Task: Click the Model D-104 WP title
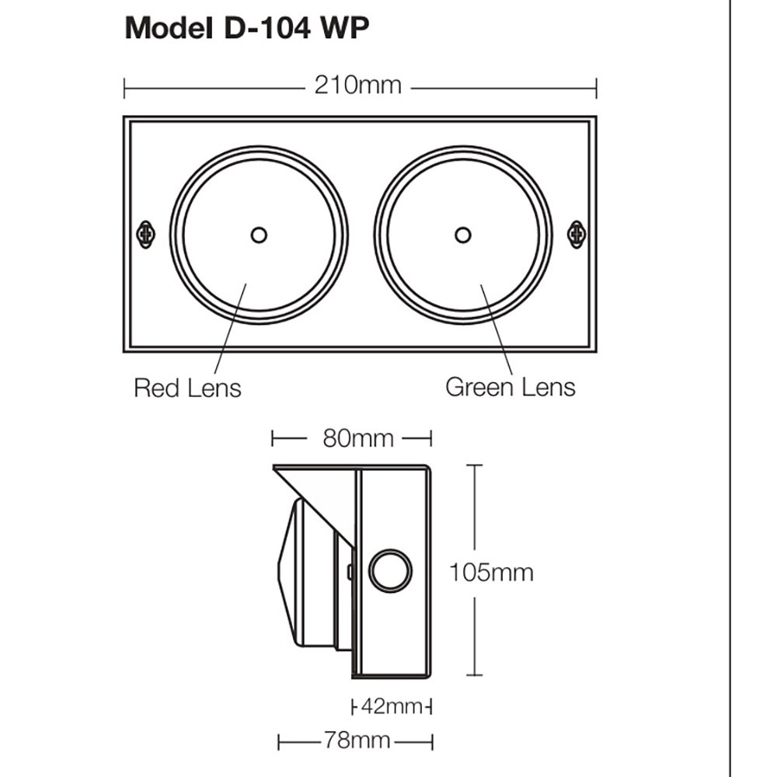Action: click(x=247, y=29)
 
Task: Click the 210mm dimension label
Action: click(x=357, y=85)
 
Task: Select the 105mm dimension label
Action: click(x=491, y=573)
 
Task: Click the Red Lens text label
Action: click(x=187, y=387)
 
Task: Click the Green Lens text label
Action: click(x=510, y=387)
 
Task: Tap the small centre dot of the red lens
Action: click(x=259, y=234)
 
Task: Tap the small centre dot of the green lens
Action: click(x=463, y=234)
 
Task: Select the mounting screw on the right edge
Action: click(x=576, y=234)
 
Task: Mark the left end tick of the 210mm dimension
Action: click(x=124, y=86)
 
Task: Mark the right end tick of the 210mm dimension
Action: click(x=596, y=86)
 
